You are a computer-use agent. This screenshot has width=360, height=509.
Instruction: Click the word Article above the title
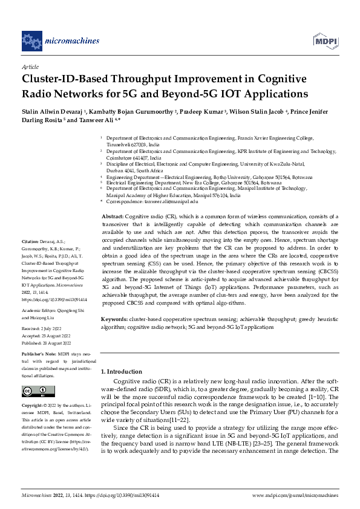[x=30, y=67]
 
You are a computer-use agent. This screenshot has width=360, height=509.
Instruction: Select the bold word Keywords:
[x=114, y=317]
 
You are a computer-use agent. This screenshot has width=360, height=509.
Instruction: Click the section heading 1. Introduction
[x=121, y=371]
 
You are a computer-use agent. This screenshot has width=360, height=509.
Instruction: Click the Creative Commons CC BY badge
[x=38, y=391]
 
